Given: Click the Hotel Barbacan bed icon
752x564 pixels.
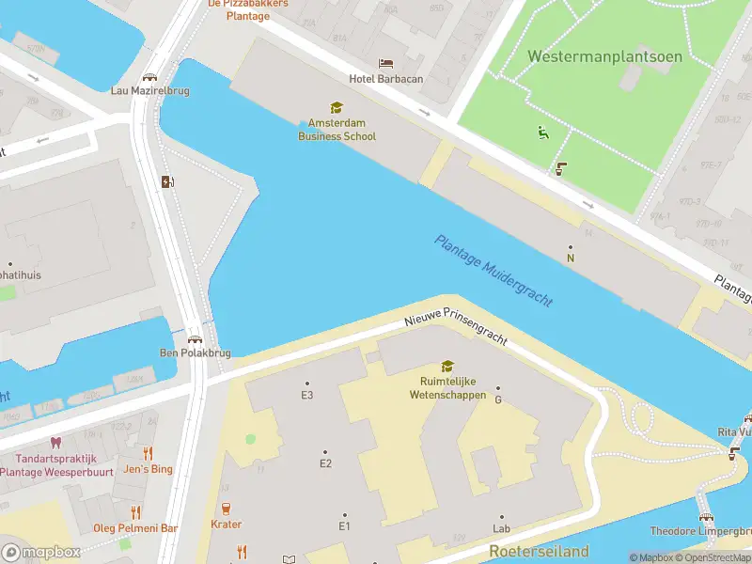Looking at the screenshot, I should pos(386,63).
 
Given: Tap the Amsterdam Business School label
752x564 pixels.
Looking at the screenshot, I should pos(337,130).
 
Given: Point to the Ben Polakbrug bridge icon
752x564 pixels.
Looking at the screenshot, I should pos(195,338).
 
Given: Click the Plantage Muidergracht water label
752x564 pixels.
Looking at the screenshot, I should pos(493,271).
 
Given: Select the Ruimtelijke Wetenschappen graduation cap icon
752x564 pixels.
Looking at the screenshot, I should pos(447,367).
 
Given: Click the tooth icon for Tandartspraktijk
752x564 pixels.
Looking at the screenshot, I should pos(55,442).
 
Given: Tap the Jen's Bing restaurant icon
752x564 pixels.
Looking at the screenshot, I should pos(148,453).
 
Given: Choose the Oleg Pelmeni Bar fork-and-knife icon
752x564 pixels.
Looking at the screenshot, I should pos(136,512).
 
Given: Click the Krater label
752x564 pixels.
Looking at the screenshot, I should pos(226,525).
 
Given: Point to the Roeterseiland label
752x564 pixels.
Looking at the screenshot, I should pos(539,551).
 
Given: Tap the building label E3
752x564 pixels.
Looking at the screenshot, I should pos(306,395).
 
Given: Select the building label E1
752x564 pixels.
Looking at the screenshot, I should pos(344,525).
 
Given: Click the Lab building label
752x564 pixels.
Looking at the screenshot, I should pos(501,528).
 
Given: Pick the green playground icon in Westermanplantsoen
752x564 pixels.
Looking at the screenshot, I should pos(542,133).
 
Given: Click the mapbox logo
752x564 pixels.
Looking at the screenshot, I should pos(41,553).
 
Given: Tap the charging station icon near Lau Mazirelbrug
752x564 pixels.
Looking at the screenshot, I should pos(167,181).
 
